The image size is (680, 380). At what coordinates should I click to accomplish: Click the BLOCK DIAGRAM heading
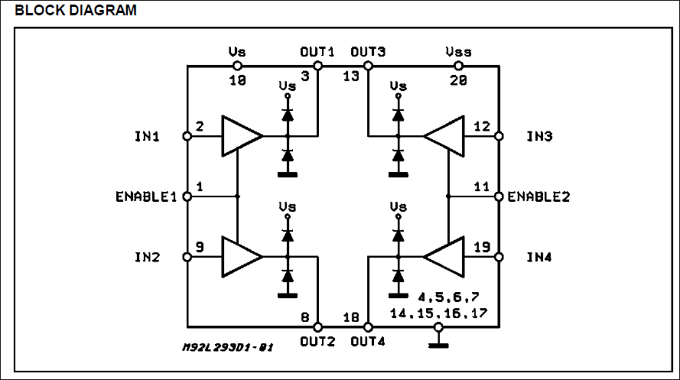(x=76, y=10)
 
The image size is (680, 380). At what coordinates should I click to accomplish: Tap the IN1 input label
(x=147, y=136)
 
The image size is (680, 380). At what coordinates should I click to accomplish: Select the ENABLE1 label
(x=146, y=196)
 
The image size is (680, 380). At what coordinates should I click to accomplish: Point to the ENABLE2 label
(x=538, y=196)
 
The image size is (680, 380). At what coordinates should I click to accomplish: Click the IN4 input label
(x=539, y=257)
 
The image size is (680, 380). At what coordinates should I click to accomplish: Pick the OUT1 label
(x=317, y=52)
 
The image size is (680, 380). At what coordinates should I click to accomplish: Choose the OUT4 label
(x=368, y=342)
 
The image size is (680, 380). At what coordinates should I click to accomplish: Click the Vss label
(x=458, y=52)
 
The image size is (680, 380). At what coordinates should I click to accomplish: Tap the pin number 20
(x=458, y=80)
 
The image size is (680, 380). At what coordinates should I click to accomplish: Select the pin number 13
(x=351, y=76)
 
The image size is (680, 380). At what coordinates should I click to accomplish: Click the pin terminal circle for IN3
(x=499, y=136)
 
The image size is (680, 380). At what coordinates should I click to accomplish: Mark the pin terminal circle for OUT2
(x=318, y=326)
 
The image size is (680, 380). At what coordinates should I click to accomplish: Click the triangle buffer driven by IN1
(x=242, y=136)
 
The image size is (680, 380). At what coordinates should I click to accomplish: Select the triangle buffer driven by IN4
(x=444, y=257)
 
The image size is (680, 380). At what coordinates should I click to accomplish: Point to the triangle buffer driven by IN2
(x=242, y=257)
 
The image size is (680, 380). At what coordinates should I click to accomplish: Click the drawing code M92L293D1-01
(x=228, y=347)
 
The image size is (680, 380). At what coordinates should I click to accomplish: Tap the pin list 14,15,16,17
(x=438, y=313)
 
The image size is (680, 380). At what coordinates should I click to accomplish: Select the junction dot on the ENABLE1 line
(x=237, y=196)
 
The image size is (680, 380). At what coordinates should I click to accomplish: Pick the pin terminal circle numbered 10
(x=237, y=66)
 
